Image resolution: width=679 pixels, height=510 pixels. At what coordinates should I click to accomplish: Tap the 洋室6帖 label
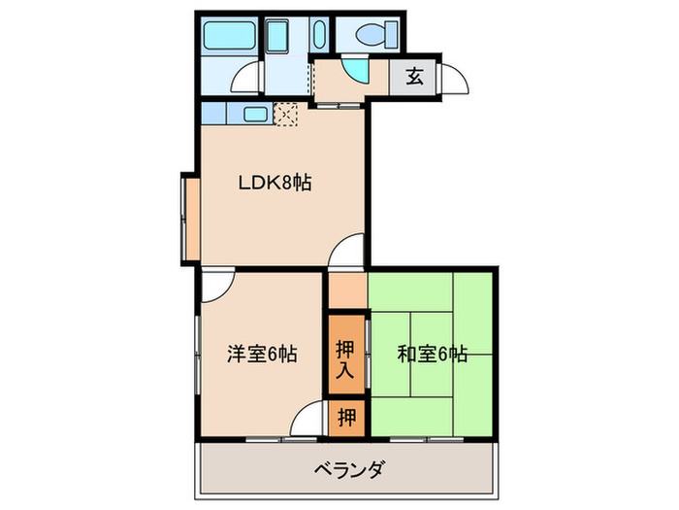262,355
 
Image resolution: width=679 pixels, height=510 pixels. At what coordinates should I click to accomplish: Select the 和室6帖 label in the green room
433,355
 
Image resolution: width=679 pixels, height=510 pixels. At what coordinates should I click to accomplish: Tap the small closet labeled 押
346,418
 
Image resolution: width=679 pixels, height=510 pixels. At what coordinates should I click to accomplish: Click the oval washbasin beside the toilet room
319,36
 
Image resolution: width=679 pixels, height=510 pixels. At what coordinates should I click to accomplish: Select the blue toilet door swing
358,73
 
